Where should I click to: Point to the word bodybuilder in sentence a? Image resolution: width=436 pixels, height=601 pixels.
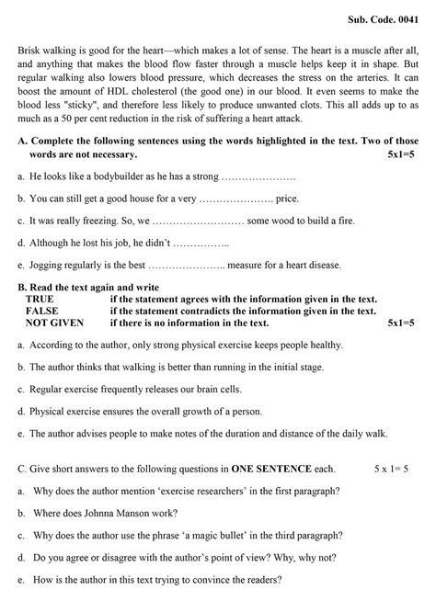[114, 175]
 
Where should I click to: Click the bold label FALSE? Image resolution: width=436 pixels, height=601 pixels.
[42, 312]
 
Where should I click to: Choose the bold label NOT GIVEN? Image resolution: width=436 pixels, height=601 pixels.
[54, 323]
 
